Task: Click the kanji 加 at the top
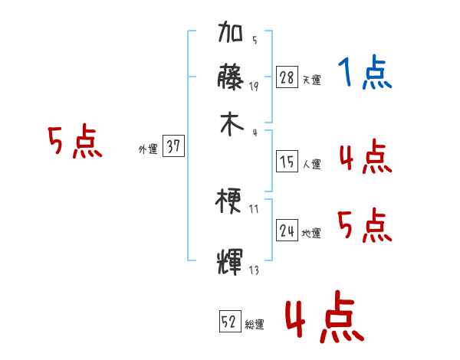pyautogui.click(x=232, y=34)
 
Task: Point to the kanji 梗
pyautogui.click(x=232, y=202)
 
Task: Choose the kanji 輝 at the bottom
pyautogui.click(x=232, y=260)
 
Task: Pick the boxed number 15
pyautogui.click(x=287, y=162)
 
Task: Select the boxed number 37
pyautogui.click(x=174, y=147)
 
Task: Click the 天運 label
pyautogui.click(x=311, y=80)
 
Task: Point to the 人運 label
pyautogui.click(x=311, y=164)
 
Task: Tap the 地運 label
pyautogui.click(x=311, y=233)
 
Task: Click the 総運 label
pyautogui.click(x=255, y=325)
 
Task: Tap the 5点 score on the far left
pyautogui.click(x=75, y=142)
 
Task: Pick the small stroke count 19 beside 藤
pyautogui.click(x=254, y=87)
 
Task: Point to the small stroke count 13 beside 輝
pyautogui.click(x=254, y=270)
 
